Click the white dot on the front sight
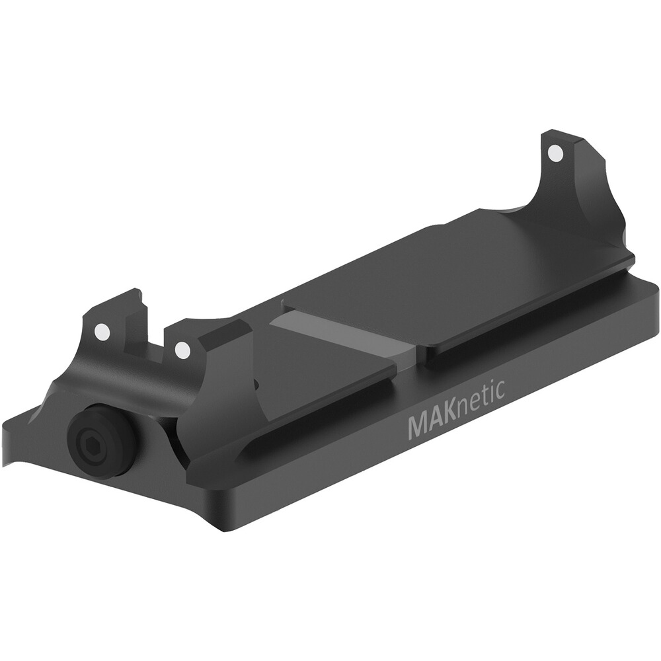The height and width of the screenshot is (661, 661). [x=555, y=153]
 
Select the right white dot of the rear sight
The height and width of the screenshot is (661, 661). [x=182, y=349]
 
